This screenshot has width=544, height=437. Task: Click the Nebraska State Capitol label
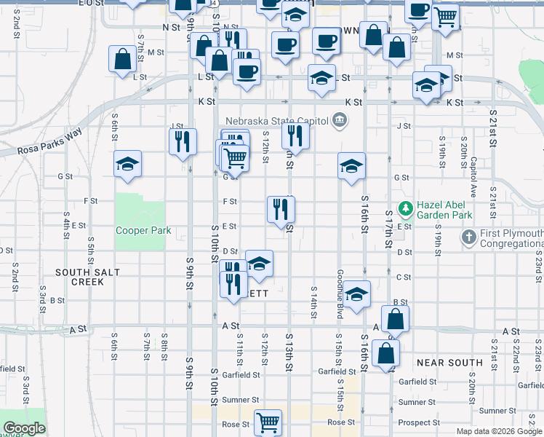click(277, 121)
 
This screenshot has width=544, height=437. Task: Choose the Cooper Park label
click(143, 231)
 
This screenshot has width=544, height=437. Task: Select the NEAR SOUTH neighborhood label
click(449, 362)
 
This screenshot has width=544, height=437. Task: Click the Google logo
click(24, 429)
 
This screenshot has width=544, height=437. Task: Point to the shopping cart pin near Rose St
click(268, 422)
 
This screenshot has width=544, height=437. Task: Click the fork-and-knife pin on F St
click(280, 209)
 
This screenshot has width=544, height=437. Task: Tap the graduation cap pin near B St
click(356, 294)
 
